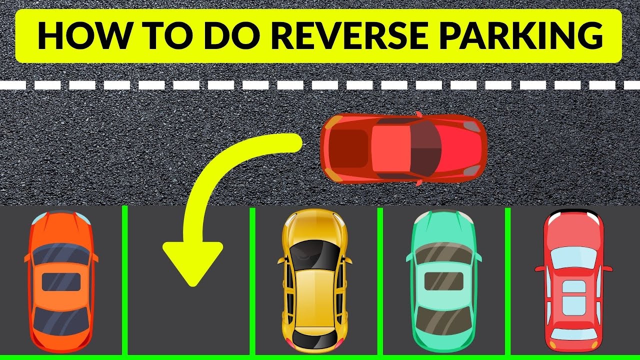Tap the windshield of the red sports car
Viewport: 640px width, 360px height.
(425, 148)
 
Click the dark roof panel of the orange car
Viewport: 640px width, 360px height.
(60, 282)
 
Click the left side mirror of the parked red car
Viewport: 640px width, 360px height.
(539, 269)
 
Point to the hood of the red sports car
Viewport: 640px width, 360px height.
(465, 148)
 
